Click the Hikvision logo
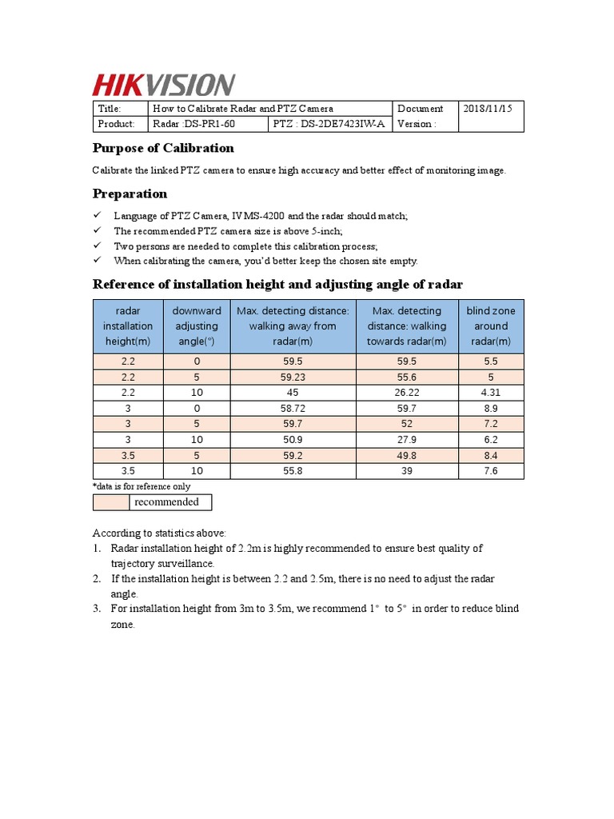(164, 85)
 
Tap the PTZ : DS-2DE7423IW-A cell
(329, 124)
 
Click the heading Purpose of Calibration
(163, 148)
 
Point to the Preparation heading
(130, 194)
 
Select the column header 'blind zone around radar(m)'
(491, 326)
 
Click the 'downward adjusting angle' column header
(196, 326)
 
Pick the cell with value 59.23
(292, 377)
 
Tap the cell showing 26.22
(407, 392)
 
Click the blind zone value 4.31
(491, 392)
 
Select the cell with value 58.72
(292, 408)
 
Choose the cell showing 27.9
(407, 439)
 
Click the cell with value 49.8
(407, 455)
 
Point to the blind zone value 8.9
(491, 408)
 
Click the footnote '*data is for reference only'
(142, 486)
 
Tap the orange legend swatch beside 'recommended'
(111, 502)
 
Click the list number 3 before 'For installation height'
(96, 609)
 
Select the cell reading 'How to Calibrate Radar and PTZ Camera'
(243, 109)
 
